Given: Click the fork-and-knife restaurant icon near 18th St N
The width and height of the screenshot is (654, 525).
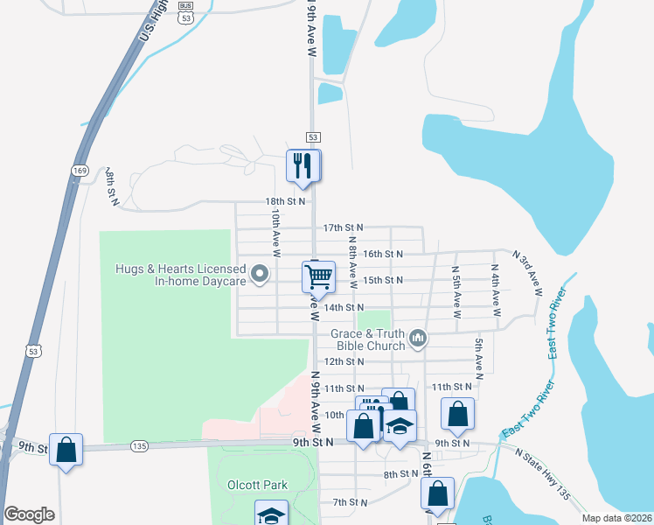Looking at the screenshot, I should point(303,166).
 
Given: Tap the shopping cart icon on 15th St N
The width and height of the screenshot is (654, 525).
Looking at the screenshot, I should point(318,276).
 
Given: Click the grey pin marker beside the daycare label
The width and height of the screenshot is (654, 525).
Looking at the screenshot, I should point(260,275).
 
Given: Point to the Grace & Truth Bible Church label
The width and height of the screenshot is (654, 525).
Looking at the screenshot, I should point(368,339).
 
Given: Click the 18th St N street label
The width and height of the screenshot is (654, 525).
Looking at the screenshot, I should point(286,200).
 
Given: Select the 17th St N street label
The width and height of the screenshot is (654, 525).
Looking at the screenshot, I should point(343,227).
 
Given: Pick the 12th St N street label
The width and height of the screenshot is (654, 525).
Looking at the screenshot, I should point(344,360).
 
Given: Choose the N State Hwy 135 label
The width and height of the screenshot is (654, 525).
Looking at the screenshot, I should point(545,475).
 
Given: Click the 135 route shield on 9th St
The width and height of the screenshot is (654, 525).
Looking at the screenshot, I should point(139,445).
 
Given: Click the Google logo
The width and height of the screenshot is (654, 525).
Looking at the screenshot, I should point(30,514).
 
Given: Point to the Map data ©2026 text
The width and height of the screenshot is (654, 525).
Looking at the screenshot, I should point(616,518).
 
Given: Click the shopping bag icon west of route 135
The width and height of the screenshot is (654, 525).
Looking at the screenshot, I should point(66,450).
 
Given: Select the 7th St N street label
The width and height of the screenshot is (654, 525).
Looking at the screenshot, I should point(350,502).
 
